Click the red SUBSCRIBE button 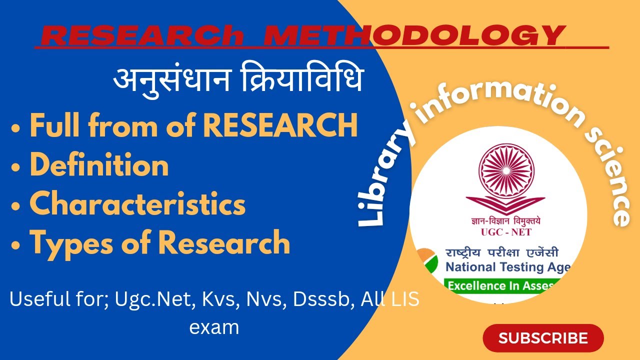tap(543, 338)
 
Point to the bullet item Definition tap(99, 165)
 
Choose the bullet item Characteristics tap(137, 203)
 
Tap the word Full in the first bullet tap(56, 125)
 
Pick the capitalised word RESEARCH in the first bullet tap(280, 125)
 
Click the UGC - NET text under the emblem tap(498, 232)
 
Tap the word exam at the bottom tap(214, 327)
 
